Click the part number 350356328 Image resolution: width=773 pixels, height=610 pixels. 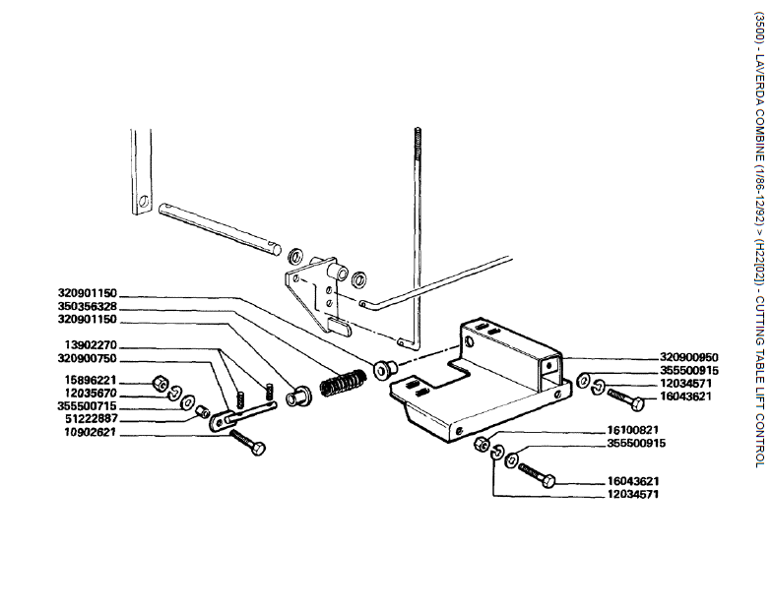87,306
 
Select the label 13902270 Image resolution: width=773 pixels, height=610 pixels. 87,345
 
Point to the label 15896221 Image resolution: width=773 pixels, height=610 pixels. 87,380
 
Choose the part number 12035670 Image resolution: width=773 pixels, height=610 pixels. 87,393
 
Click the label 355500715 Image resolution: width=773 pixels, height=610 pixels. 87,405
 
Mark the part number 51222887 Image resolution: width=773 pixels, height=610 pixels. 87,418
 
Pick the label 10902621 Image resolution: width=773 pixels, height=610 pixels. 87,431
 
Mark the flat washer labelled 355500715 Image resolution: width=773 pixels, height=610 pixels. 187,404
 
